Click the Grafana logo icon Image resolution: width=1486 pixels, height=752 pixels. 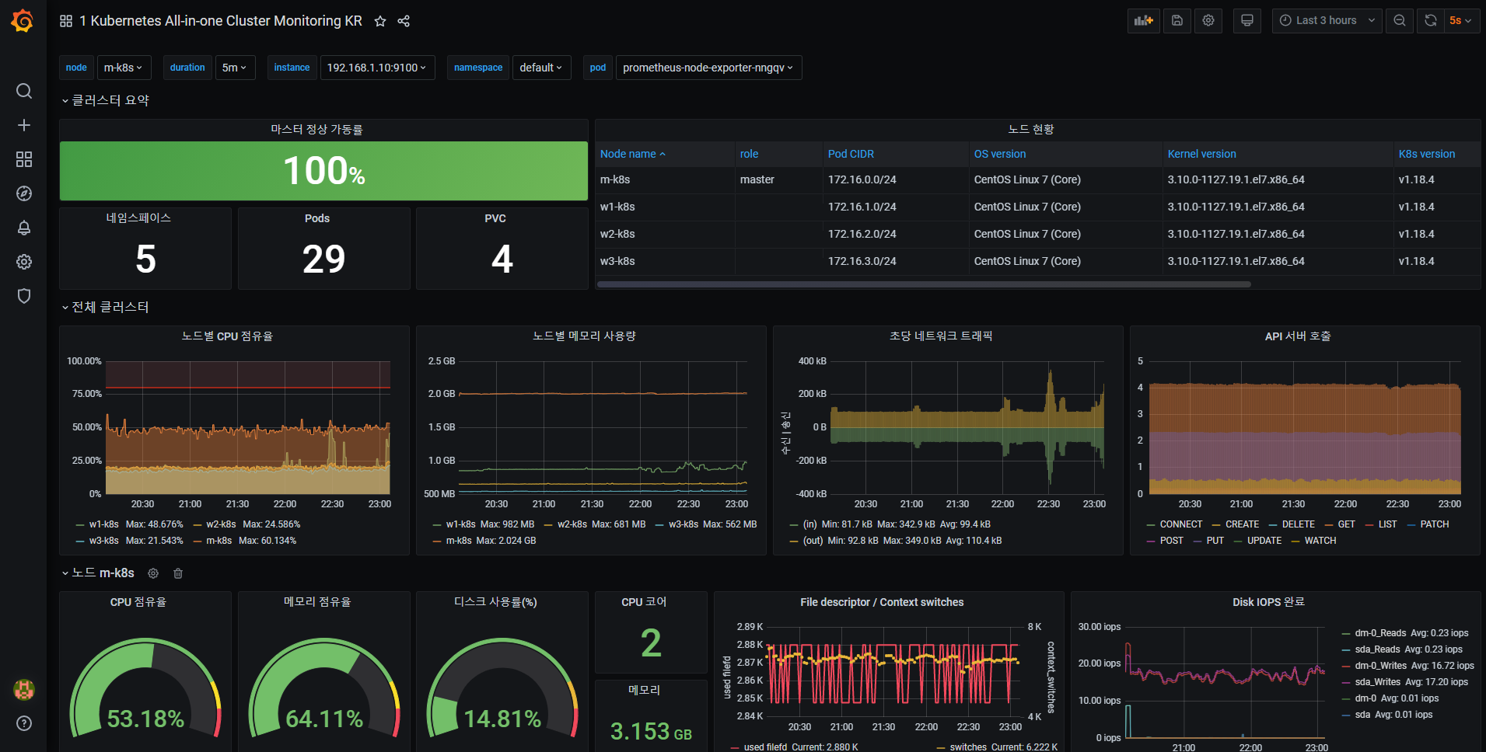23,21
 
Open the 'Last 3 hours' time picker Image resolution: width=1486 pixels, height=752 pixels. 1327,21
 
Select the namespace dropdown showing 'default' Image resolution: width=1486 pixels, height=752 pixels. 541,68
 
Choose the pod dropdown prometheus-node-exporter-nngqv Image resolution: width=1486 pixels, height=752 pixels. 708,68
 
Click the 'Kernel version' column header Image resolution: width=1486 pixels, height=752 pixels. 1201,154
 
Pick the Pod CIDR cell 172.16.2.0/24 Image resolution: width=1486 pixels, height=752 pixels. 862,234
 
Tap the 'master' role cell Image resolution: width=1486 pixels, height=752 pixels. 757,179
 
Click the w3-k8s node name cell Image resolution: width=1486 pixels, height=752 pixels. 617,261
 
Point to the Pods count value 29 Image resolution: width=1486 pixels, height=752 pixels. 323,259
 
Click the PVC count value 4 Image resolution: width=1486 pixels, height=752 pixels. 502,259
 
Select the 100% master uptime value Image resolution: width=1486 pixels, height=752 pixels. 323,171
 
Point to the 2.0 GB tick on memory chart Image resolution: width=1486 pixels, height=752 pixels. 442,394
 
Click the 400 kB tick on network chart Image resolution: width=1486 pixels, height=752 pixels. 813,361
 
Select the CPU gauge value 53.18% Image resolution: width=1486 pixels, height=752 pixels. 145,719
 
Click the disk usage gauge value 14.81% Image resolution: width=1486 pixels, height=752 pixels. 502,719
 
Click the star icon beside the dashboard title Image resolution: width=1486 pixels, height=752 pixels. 380,21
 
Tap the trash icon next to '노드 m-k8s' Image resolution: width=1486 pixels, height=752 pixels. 178,573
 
